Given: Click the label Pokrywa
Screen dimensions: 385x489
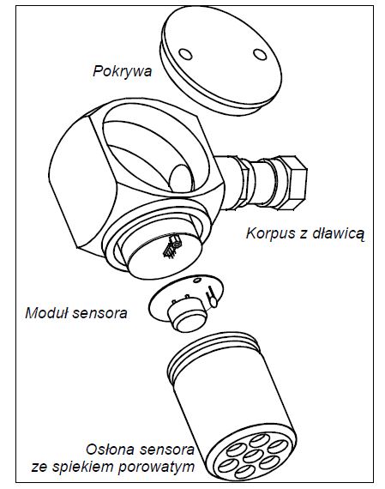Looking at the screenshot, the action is coord(123,71).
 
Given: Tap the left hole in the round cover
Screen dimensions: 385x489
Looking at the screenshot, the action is coord(185,54).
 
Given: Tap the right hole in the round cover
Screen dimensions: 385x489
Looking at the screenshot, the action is coord(260,54).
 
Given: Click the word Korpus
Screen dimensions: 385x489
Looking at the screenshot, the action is coord(271,234).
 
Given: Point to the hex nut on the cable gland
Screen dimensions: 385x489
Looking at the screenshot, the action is coord(292,183).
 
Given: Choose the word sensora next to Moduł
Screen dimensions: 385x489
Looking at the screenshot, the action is coord(99,313).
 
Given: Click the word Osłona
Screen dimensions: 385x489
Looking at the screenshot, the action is coord(110,450).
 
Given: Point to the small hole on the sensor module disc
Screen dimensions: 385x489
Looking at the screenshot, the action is coord(197,280).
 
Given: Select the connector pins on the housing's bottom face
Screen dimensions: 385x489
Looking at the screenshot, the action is coord(171,247).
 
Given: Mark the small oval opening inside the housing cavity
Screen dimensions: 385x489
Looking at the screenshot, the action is coord(181,178).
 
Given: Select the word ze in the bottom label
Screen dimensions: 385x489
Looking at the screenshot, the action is coord(40,468).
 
